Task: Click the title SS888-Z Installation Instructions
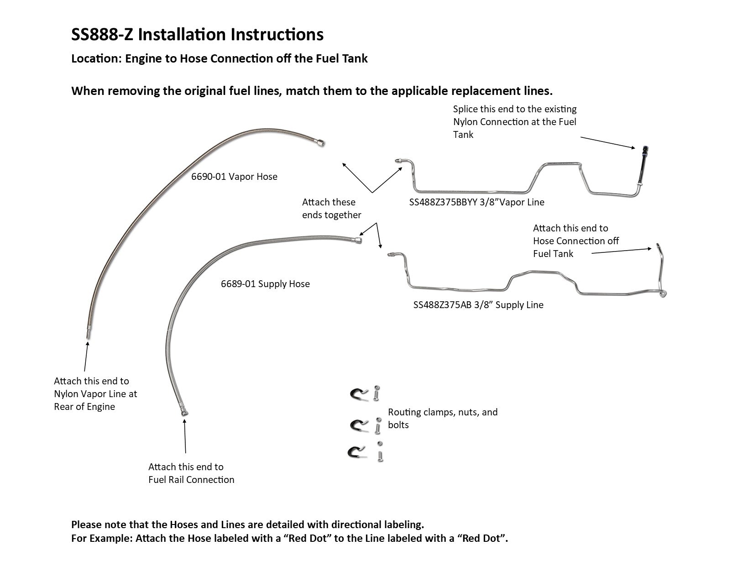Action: point(197,35)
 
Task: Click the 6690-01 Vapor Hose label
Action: point(234,177)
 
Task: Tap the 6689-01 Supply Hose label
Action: point(265,284)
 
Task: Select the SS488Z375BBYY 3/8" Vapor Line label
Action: point(476,202)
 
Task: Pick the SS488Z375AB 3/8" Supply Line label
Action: point(478,305)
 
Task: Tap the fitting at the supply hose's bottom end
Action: point(185,413)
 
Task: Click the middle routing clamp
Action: point(358,424)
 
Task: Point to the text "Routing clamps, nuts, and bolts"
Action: point(442,419)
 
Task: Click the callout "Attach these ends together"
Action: point(331,209)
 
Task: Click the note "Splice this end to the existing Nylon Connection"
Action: point(514,122)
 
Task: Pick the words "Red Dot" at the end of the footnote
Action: point(484,538)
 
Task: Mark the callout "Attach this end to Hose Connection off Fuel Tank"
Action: point(575,241)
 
